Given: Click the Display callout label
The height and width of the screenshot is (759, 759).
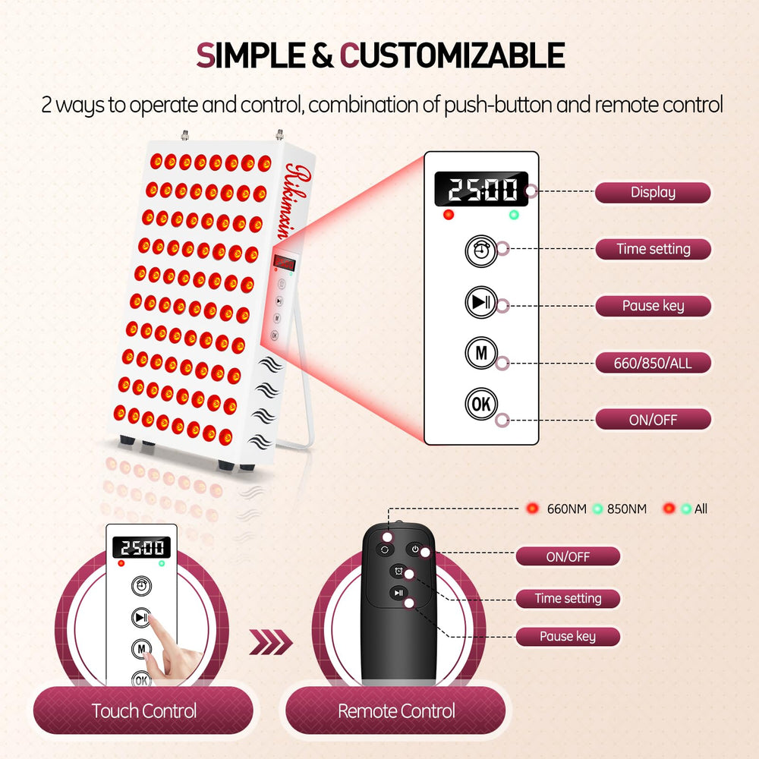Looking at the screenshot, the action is click(653, 193).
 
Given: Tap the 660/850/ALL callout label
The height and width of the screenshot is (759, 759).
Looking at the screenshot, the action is click(653, 363).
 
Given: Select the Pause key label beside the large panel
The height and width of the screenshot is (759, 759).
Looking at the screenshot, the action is click(653, 306).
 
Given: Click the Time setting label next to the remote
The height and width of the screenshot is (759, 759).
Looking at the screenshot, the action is click(568, 599).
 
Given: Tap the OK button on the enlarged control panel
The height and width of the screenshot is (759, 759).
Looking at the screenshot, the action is click(480, 404).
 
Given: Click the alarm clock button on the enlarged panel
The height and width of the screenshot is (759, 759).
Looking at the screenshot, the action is click(480, 250).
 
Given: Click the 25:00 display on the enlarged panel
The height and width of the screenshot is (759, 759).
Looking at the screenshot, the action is click(481, 189).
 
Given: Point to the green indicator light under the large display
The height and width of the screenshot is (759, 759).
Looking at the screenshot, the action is click(514, 215).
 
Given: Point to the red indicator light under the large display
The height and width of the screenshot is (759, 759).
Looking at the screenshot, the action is click(449, 215).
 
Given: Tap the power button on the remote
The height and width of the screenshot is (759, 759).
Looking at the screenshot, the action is click(415, 550).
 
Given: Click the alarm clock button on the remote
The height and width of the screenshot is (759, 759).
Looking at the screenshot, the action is click(398, 572).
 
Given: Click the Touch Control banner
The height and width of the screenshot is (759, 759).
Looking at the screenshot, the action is click(143, 710).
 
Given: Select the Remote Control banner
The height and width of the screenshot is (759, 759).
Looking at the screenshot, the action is click(395, 710).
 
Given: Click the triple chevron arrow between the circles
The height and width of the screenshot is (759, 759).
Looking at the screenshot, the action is click(271, 642).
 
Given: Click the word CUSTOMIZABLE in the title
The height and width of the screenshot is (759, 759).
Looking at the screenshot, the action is click(452, 55).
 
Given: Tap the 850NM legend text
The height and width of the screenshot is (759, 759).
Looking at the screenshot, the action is click(627, 509).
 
